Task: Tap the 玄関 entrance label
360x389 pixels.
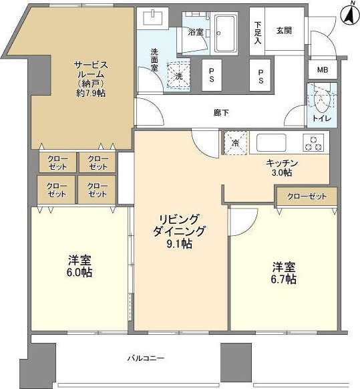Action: [284, 31]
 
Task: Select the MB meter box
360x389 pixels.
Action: [323, 70]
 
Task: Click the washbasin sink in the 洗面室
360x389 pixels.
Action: [152, 18]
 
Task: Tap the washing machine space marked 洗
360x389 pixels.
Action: [179, 76]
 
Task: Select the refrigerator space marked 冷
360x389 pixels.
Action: [236, 142]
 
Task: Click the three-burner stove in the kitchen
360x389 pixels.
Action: [313, 142]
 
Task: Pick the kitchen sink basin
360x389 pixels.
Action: [271, 142]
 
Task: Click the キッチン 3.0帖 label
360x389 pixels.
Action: [282, 168]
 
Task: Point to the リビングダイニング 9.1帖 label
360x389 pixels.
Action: [179, 231]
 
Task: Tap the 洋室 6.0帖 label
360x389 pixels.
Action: [79, 266]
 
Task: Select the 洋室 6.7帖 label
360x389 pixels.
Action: [284, 273]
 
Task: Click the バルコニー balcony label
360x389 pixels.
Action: [146, 358]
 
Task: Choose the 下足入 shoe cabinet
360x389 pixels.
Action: [257, 31]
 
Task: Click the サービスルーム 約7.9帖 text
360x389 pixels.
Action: [91, 79]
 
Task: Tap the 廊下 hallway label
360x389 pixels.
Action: [221, 113]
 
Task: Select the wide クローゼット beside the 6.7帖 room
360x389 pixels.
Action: [307, 197]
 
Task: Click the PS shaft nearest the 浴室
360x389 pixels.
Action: [212, 75]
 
